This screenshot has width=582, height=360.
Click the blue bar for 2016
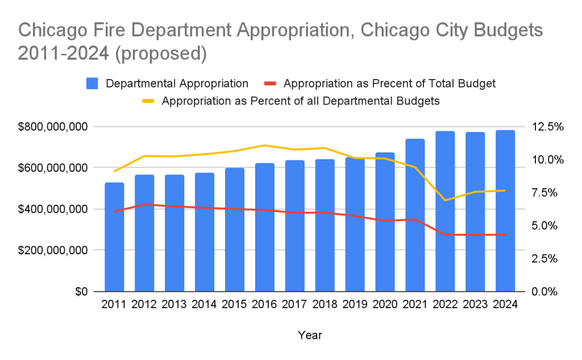coord(265,227)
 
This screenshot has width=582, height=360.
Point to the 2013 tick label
coord(174,304)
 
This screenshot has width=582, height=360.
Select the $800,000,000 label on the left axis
coord(51,126)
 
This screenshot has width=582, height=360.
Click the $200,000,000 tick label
coord(51,250)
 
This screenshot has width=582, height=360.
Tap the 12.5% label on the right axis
coord(547,126)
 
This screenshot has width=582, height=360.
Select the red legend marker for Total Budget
coord(271,84)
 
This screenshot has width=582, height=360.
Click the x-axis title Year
coord(310,336)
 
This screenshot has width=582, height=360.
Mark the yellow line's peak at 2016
coord(265,145)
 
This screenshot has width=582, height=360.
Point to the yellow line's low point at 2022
coord(445,200)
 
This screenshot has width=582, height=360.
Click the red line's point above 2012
coord(144,204)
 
